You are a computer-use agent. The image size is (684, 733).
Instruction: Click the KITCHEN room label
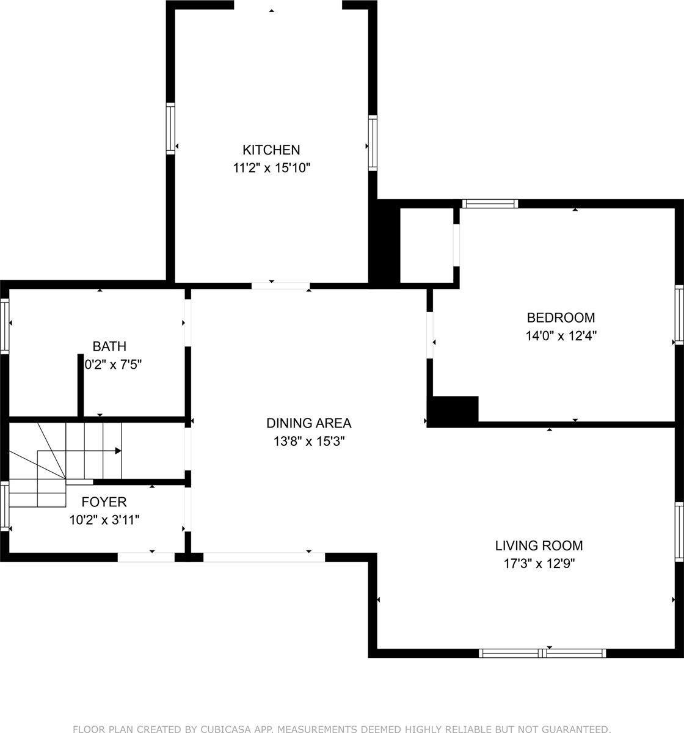point(271,150)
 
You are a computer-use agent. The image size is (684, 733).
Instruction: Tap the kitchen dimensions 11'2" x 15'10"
point(272,168)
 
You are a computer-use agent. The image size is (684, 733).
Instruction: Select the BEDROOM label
point(561,318)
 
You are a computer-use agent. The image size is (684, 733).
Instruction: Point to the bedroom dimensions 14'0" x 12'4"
point(561,335)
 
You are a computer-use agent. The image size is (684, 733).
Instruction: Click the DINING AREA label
point(308,423)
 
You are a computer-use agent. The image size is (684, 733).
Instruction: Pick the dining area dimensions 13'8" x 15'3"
point(309,441)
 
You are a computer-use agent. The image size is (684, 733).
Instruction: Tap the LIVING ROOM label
point(539,545)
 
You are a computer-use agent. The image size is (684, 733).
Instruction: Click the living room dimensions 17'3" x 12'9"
point(539,564)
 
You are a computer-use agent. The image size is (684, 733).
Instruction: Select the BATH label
point(109,347)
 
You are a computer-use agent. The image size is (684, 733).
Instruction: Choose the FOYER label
point(104,502)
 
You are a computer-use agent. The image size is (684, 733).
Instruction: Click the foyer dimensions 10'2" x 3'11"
point(104,520)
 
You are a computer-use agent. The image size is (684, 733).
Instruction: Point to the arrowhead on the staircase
point(118,451)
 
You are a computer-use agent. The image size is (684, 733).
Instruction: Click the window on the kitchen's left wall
point(170,128)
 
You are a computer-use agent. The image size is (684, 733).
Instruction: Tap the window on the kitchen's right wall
point(373,142)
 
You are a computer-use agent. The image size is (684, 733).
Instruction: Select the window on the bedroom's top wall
point(490,203)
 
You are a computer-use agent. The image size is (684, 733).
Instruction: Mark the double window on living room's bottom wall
point(542,653)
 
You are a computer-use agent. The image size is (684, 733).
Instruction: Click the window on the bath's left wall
point(4,325)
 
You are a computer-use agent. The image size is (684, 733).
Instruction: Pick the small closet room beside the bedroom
point(426,246)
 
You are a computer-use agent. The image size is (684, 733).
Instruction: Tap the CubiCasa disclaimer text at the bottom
point(341,729)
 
